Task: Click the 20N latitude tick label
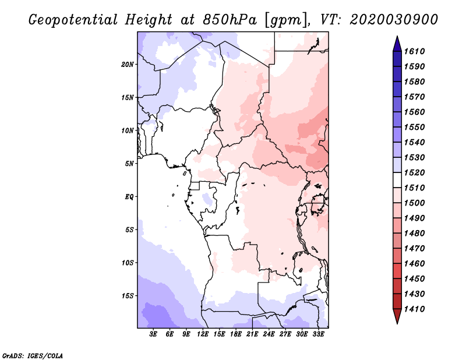pyautogui.click(x=127, y=65)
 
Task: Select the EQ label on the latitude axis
pyautogui.click(x=129, y=197)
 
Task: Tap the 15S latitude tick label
pyautogui.click(x=128, y=296)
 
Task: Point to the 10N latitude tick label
pyautogui.click(x=127, y=130)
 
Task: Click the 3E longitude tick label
pyautogui.click(x=153, y=334)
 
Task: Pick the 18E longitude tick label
pyautogui.click(x=236, y=334)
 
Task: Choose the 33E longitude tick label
pyautogui.click(x=318, y=334)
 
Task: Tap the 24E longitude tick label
pyautogui.click(x=269, y=334)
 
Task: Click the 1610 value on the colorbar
pyautogui.click(x=414, y=51)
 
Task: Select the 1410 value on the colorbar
pyautogui.click(x=414, y=309)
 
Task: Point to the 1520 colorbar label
pyautogui.click(x=414, y=172)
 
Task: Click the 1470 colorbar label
pyautogui.click(x=414, y=249)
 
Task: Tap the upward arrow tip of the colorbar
pyautogui.click(x=397, y=36)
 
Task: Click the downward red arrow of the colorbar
pyautogui.click(x=397, y=316)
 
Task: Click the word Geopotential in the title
pyautogui.click(x=73, y=20)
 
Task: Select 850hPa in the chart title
pyautogui.click(x=230, y=20)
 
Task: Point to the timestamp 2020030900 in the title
pyautogui.click(x=394, y=20)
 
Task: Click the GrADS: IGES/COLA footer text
pyautogui.click(x=33, y=356)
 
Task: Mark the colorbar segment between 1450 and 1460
pyautogui.click(x=397, y=271)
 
